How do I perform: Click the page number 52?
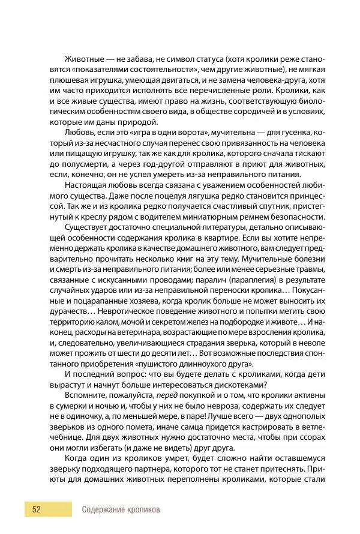click(36, 509)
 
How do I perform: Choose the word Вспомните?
click(85, 395)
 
